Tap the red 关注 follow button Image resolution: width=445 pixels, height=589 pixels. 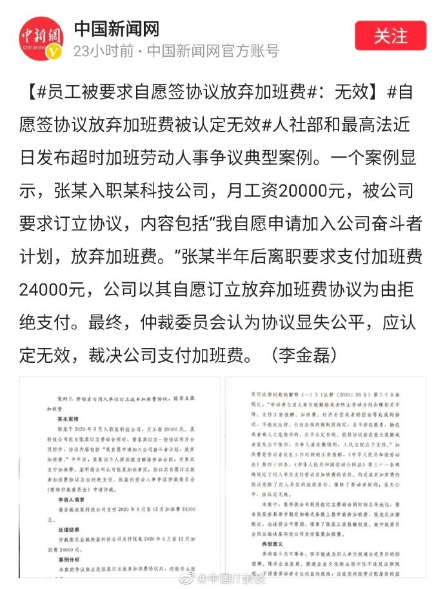tap(391, 35)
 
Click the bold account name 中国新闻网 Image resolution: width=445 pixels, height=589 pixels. tap(117, 28)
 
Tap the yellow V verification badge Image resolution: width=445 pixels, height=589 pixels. tap(56, 53)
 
